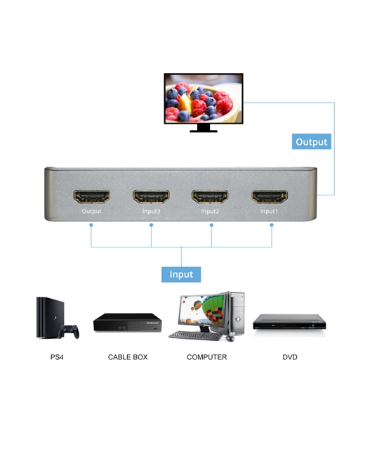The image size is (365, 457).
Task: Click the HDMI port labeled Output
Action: pyautogui.click(x=92, y=196)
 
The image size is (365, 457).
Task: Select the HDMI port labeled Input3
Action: pyautogui.click(x=151, y=196)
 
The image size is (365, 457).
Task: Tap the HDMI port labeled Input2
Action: pyautogui.click(x=210, y=196)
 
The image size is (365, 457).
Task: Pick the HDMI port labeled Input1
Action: pyautogui.click(x=270, y=196)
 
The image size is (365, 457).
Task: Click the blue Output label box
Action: pyautogui.click(x=312, y=141)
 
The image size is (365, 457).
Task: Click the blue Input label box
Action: pyautogui.click(x=181, y=274)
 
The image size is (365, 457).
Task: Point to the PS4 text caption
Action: pyautogui.click(x=57, y=357)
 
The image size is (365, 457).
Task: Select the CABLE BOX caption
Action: pyautogui.click(x=128, y=357)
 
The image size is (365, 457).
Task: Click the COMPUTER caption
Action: pyautogui.click(x=206, y=357)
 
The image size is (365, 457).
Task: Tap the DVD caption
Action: pyautogui.click(x=290, y=357)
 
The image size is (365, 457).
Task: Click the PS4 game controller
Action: pyautogui.click(x=69, y=331)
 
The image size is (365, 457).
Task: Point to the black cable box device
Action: pyautogui.click(x=128, y=322)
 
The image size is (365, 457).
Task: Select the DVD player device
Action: pyautogui.click(x=289, y=322)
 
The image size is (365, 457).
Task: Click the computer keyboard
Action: pyautogui.click(x=196, y=335)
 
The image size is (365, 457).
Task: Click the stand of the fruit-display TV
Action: pyautogui.click(x=204, y=128)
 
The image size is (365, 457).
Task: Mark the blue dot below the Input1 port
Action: pyautogui.click(x=272, y=225)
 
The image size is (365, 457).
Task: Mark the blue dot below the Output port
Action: pyautogui.click(x=91, y=225)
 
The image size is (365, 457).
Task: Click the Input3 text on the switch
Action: pyautogui.click(x=151, y=212)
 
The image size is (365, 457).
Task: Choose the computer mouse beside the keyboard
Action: pyautogui.click(x=230, y=338)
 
